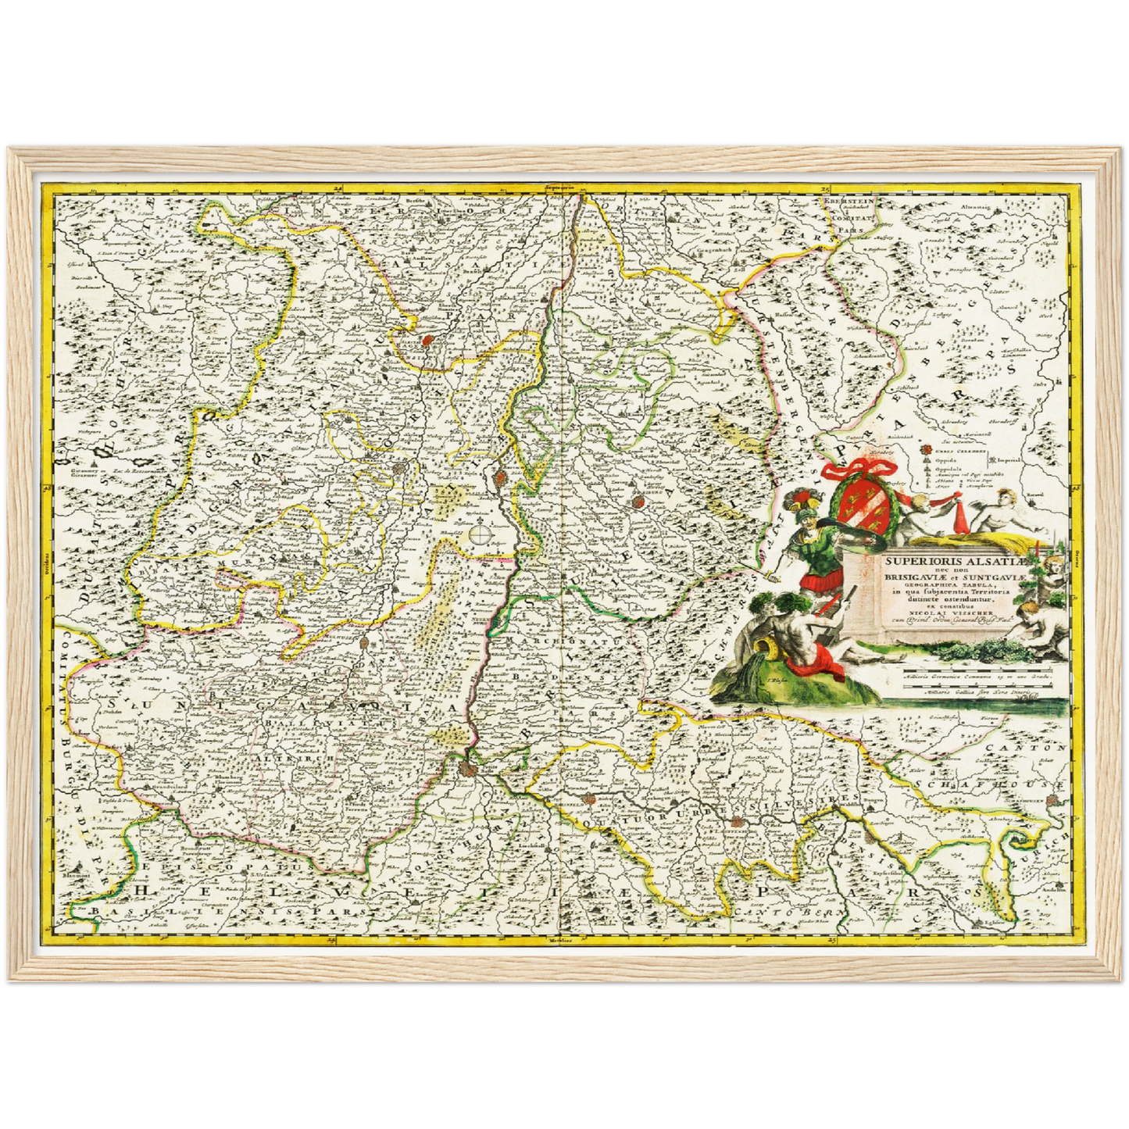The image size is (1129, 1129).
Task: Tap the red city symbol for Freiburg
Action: tap(638, 502)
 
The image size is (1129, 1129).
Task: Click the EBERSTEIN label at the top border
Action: tap(845, 201)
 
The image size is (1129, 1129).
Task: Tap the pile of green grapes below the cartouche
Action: tap(988, 645)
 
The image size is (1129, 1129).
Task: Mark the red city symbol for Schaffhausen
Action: tap(1055, 799)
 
